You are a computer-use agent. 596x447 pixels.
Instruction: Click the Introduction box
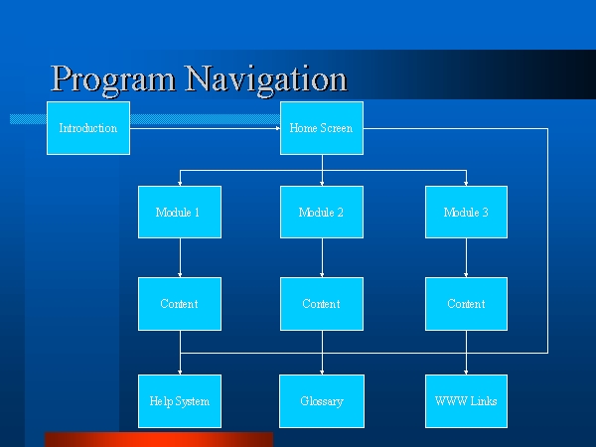88,128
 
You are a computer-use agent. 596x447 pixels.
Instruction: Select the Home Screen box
322,128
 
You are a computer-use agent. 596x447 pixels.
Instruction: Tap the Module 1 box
180,213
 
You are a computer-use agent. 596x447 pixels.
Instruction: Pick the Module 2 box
322,213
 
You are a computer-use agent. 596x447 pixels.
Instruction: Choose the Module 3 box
467,213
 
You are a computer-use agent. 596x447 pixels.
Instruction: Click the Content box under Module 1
180,304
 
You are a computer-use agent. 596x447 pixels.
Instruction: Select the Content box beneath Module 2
322,304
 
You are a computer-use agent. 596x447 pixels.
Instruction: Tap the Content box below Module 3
467,304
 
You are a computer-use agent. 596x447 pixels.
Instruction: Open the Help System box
180,401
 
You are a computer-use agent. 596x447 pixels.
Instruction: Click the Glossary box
322,401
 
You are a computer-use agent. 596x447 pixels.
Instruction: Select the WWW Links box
467,401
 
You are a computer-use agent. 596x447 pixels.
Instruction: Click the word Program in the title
113,80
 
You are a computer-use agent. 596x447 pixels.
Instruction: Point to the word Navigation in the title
266,80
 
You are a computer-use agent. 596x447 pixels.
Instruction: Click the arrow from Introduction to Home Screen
206,128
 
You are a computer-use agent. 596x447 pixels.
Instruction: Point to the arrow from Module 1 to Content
180,257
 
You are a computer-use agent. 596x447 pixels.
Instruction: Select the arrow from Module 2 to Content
322,257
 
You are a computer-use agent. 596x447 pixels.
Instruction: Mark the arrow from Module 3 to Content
466,257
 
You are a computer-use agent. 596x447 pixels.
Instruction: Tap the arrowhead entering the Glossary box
322,372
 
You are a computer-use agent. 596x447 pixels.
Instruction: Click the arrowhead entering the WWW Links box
466,372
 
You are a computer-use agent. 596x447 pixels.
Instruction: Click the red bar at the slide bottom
159,439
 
